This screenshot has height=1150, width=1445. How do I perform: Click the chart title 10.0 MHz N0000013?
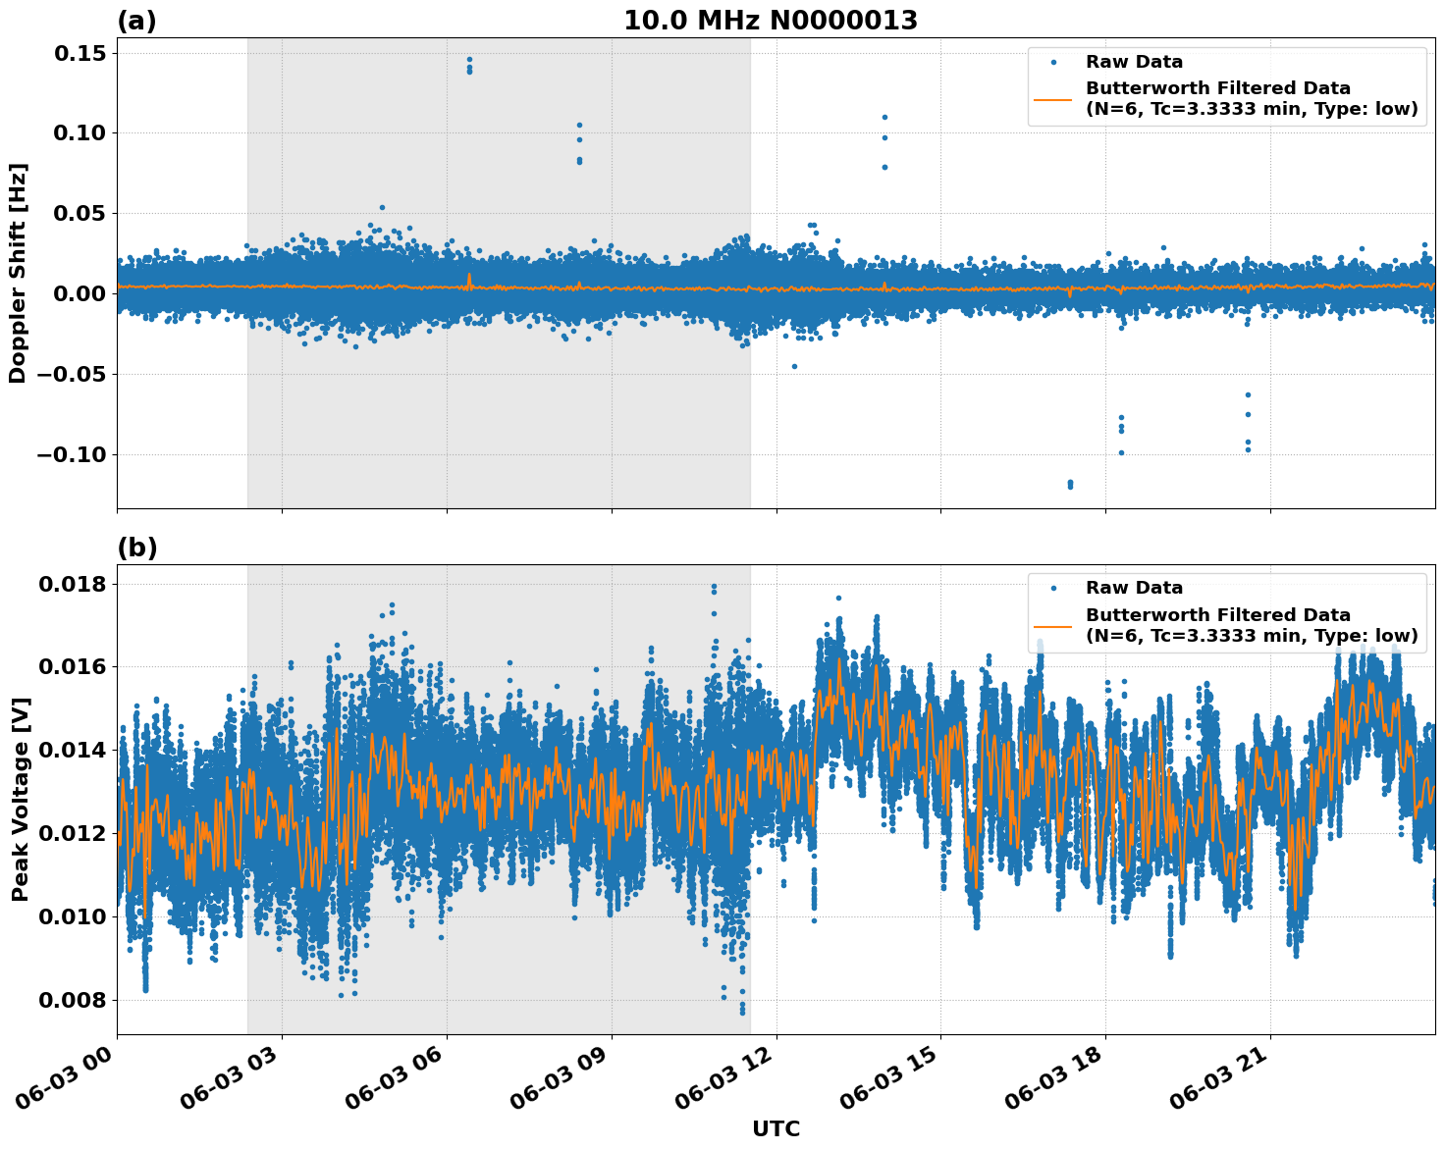click(x=771, y=21)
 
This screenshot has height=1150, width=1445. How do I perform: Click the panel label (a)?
click(x=136, y=21)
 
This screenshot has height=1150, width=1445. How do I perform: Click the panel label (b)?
click(x=136, y=548)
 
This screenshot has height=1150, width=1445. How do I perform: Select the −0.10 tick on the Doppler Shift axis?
click(x=71, y=454)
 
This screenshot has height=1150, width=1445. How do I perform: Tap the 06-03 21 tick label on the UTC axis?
click(x=1217, y=1074)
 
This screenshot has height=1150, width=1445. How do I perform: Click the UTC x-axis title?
click(x=776, y=1129)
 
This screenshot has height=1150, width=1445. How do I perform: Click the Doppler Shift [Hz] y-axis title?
click(x=18, y=273)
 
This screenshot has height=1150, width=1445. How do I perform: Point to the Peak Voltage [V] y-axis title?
click(x=20, y=799)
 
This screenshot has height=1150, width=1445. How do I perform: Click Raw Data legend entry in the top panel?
click(x=1134, y=63)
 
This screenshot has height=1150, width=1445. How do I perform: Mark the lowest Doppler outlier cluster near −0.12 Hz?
click(x=1070, y=484)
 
